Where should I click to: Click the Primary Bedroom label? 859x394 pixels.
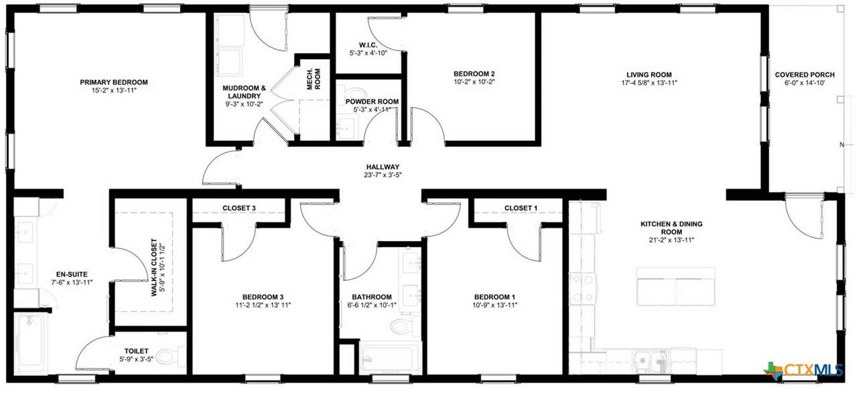click(114, 82)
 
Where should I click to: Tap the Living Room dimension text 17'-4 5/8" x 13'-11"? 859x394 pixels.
click(649, 83)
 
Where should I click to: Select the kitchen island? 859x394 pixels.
click(676, 287)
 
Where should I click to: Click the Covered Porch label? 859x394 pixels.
click(805, 75)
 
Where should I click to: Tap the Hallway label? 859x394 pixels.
click(383, 167)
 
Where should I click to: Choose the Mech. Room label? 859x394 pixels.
click(313, 79)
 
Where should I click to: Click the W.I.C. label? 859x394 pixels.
click(368, 45)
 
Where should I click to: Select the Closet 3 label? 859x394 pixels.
click(239, 208)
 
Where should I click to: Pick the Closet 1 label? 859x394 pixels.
click(521, 208)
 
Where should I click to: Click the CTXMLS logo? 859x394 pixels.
click(804, 371)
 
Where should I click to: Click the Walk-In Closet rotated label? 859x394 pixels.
click(158, 267)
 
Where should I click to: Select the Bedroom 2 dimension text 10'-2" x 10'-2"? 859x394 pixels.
click(474, 82)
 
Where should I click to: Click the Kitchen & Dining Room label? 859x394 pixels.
click(672, 228)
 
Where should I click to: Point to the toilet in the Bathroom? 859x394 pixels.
click(401, 326)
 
